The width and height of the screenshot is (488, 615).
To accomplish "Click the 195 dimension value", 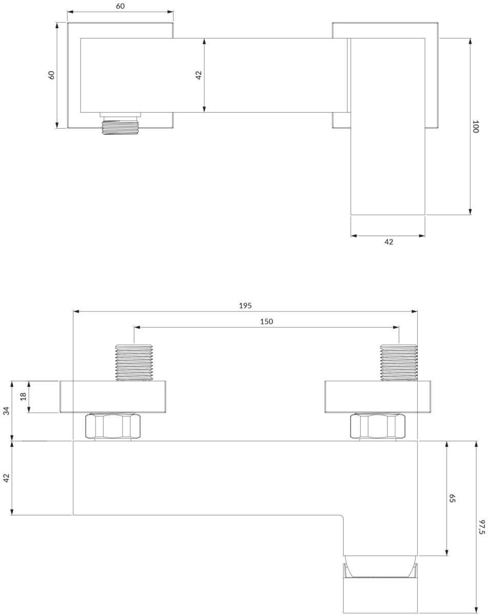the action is (x=246, y=305).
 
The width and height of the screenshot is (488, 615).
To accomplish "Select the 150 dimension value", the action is (x=267, y=321).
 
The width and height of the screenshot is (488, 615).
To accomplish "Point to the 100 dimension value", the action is (x=475, y=127).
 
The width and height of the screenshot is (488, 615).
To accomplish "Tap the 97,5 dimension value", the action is (x=482, y=527).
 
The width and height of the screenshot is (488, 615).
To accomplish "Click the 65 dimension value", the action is (x=452, y=498).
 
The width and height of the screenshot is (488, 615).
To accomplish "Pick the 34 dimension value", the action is (x=6, y=411).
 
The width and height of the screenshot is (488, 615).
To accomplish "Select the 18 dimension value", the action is (x=23, y=396).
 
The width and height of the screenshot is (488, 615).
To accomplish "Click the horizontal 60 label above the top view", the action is (x=120, y=6).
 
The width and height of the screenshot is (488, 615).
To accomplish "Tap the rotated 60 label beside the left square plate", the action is (x=51, y=75).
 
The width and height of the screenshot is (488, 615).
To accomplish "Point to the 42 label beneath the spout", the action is (x=389, y=242).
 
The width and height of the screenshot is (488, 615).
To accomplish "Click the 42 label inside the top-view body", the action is (x=199, y=75).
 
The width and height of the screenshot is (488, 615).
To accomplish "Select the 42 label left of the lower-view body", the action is (x=6, y=478).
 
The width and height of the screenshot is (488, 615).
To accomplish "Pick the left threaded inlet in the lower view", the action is (x=134, y=363).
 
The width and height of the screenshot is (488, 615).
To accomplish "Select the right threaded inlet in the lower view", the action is (x=399, y=363).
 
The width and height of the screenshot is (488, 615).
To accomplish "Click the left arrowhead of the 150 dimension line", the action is (x=137, y=327).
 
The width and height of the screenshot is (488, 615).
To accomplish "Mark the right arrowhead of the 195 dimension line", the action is (x=414, y=311).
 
